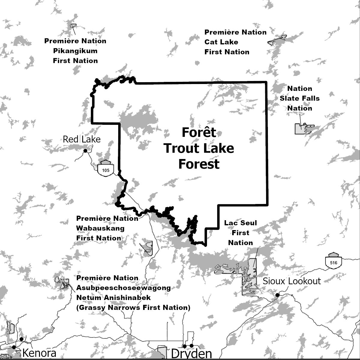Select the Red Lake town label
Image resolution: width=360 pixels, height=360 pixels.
[81, 139]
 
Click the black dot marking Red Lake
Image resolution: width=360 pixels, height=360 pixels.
[85, 151]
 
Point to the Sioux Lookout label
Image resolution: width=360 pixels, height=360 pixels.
[292, 281]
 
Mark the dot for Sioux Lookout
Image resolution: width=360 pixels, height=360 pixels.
[277, 295]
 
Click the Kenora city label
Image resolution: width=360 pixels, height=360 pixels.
[39, 353]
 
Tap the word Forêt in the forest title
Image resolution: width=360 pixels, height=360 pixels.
[199, 132]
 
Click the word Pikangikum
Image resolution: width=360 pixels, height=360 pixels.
[75, 51]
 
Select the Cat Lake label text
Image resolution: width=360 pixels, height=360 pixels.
[221, 42]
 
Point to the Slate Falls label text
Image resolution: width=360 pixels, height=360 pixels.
[300, 98]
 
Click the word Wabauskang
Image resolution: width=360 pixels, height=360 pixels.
[100, 228]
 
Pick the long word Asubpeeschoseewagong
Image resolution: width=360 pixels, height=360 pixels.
[123, 288]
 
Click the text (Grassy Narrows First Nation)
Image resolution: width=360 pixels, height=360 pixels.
[133, 307]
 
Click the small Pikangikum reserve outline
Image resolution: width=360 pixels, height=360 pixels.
[73, 25]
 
